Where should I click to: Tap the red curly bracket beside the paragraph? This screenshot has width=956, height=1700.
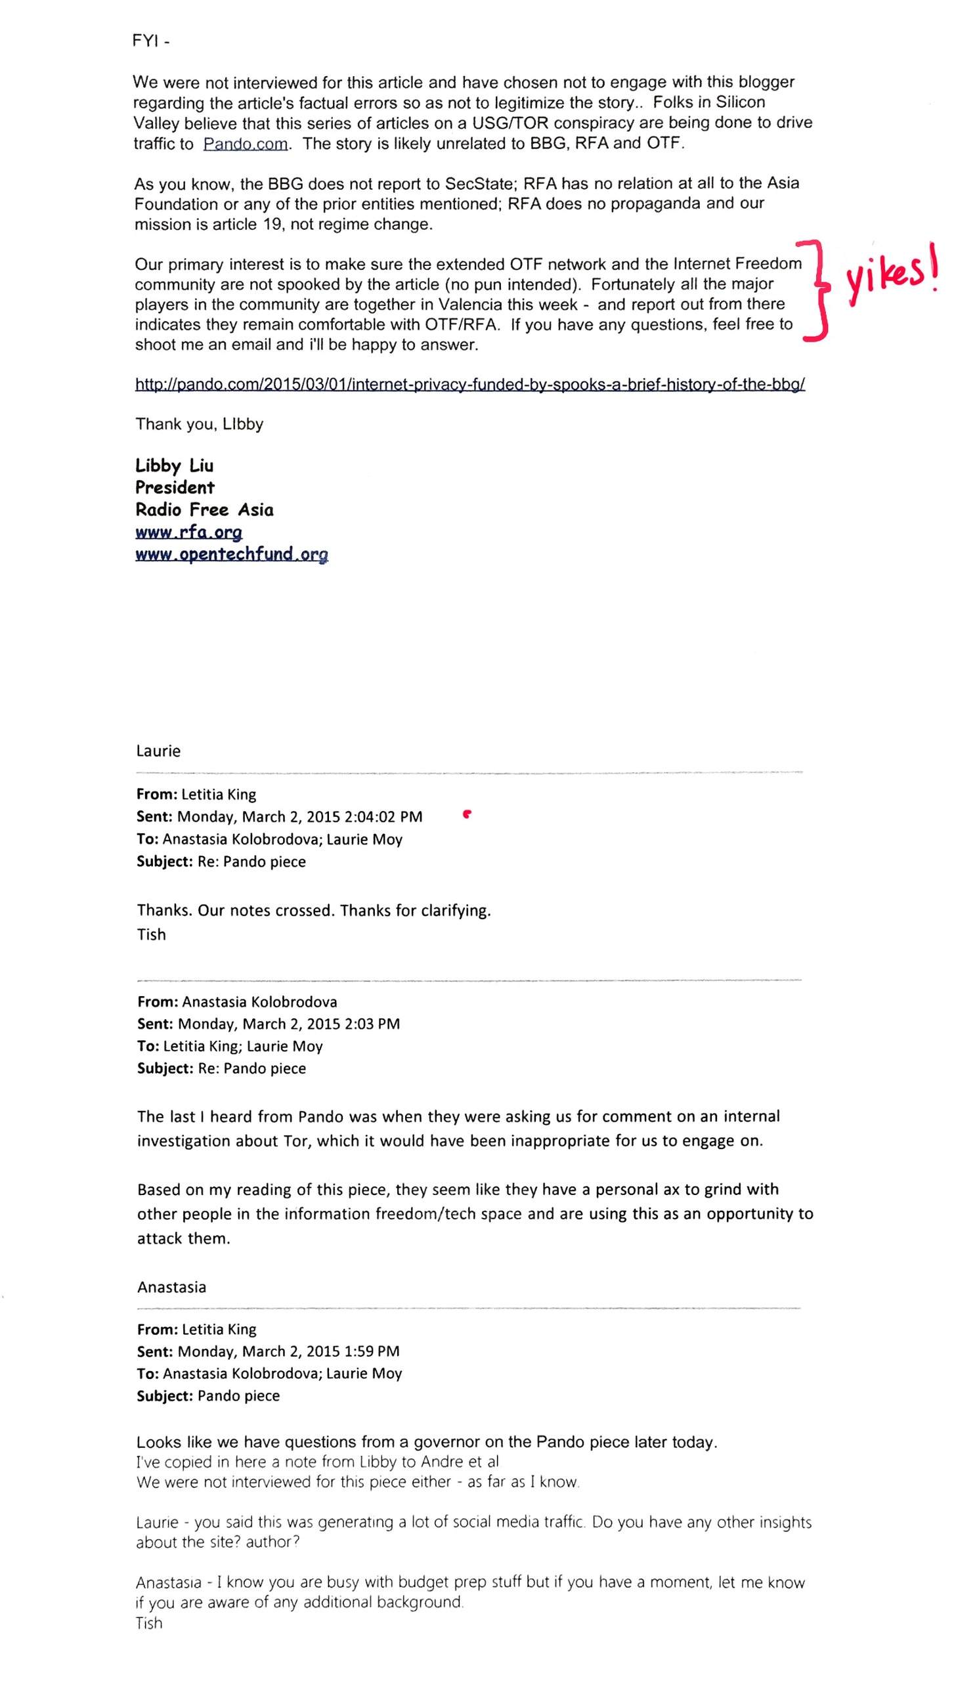coord(817,291)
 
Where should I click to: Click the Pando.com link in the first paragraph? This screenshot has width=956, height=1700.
coord(246,144)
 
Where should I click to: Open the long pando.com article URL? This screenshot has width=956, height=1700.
coord(469,384)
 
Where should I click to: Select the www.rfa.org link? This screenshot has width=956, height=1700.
coord(188,532)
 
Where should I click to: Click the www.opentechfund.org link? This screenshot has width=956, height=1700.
coord(232,554)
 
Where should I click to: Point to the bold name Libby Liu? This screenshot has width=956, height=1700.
coord(174,466)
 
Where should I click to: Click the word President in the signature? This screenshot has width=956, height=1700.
coord(175,488)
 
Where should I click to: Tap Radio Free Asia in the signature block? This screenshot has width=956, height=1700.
coord(204,510)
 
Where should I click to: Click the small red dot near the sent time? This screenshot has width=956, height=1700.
coord(466,814)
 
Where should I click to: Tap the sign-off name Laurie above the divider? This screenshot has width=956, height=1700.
coord(158,751)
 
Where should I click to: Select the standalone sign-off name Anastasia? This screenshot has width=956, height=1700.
coord(171,1287)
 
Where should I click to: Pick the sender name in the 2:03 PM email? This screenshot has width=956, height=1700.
coord(259,1002)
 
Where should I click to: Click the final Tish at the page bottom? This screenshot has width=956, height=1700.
coord(149,1623)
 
